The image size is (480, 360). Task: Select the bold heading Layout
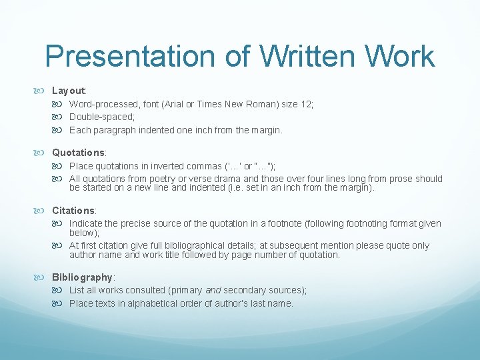(x=68, y=90)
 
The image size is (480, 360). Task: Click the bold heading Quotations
(x=78, y=153)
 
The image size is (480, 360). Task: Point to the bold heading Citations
(x=73, y=211)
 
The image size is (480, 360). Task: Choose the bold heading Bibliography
(x=83, y=277)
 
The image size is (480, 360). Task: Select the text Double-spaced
(x=101, y=117)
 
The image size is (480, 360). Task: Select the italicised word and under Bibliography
(x=213, y=290)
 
